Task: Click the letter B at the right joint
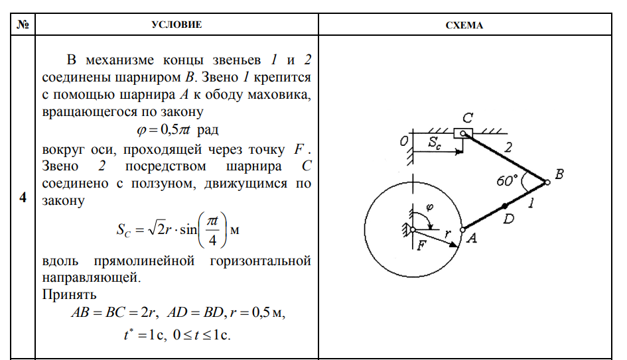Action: tap(559, 174)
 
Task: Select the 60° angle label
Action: tap(509, 180)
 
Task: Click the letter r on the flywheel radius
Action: tap(448, 233)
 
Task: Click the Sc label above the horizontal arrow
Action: tap(434, 141)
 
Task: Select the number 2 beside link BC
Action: tap(507, 149)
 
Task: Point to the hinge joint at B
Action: tap(547, 182)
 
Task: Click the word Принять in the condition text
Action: tap(69, 294)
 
